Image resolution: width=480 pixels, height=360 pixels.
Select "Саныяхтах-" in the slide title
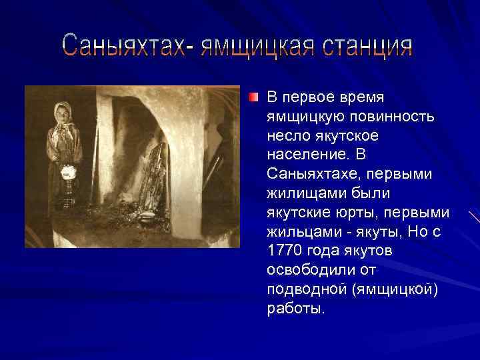[x=125, y=47]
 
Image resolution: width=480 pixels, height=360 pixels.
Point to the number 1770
[x=285, y=251]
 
